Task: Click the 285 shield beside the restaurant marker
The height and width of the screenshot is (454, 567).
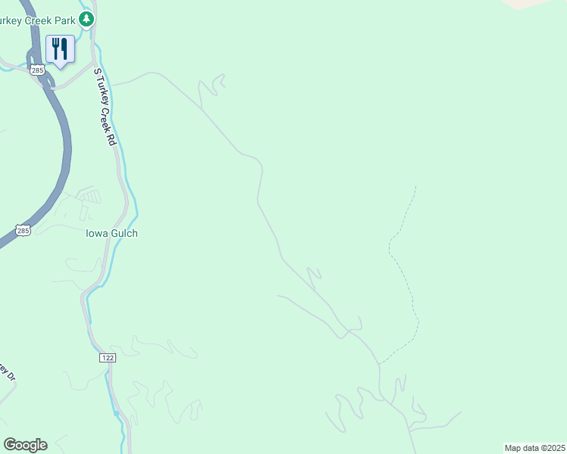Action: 39,70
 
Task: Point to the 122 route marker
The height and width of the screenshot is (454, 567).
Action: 107,356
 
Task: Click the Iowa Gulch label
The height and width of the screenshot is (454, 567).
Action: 111,233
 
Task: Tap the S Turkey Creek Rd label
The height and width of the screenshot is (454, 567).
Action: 105,107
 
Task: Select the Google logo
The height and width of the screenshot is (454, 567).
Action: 25,445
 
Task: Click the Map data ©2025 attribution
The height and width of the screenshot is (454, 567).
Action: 534,448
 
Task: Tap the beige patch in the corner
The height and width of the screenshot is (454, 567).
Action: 531,3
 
